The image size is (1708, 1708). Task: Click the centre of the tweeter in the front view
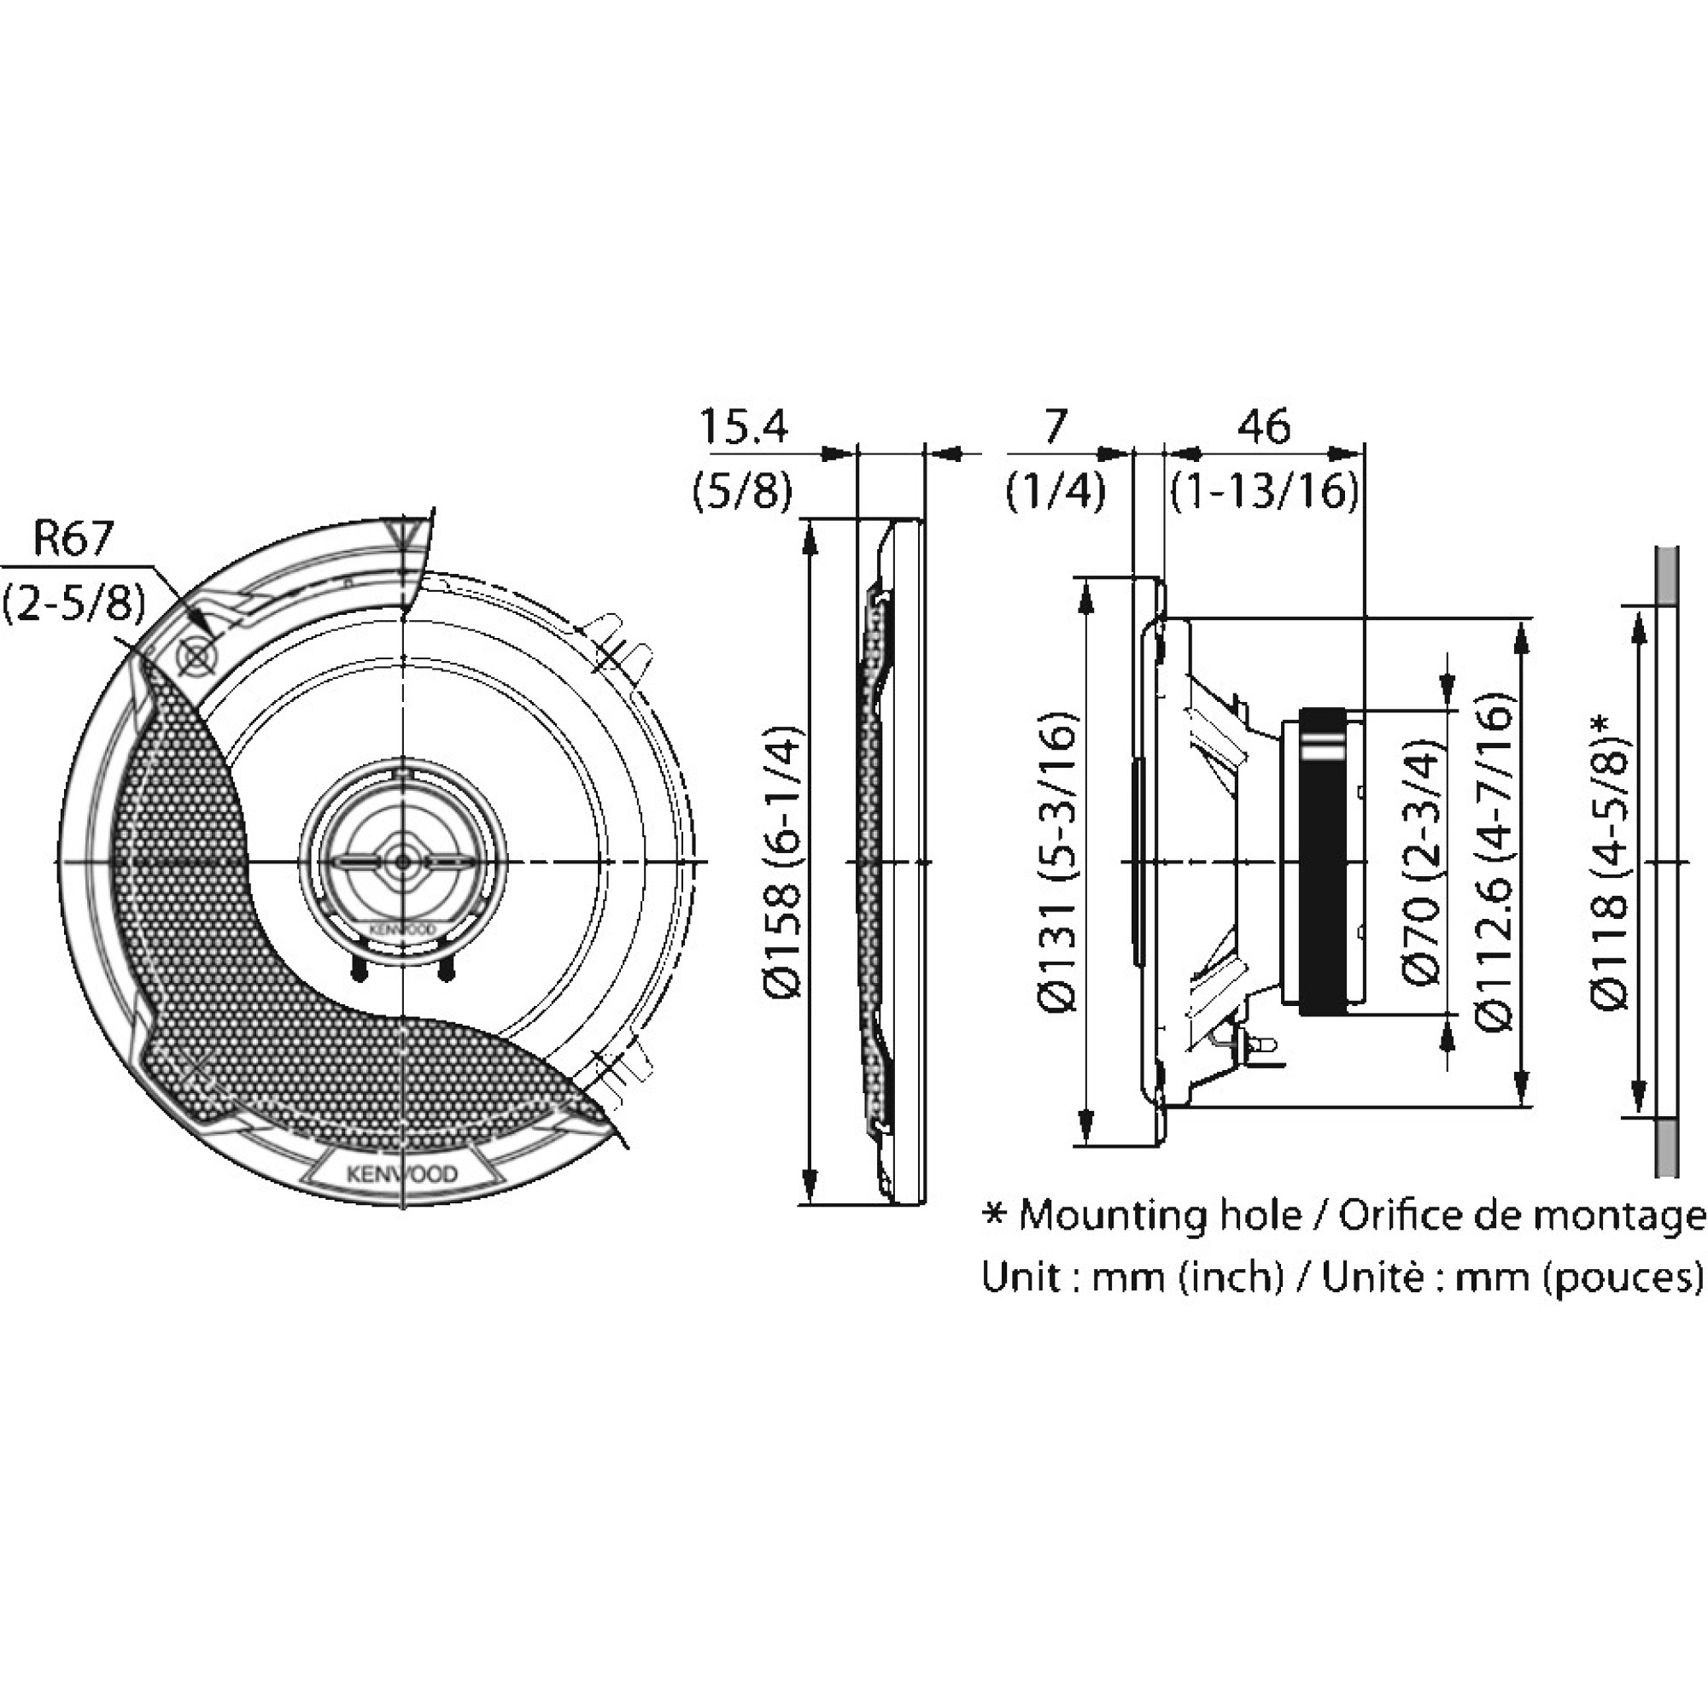coord(403,861)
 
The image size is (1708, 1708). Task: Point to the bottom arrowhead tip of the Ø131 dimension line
coord(1086,1145)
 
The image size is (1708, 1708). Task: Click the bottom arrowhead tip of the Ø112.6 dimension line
coord(1522,1105)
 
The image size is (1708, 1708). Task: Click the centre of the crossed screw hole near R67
coord(195,656)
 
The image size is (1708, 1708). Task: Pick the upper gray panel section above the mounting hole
coord(1666,576)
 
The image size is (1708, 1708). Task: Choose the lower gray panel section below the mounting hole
coord(1666,1147)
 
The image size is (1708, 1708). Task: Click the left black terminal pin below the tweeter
coord(358,968)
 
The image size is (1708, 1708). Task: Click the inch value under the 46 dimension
coord(1264,492)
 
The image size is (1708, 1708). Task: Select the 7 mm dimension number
coord(1056,428)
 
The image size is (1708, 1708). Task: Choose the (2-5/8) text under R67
coord(74,603)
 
